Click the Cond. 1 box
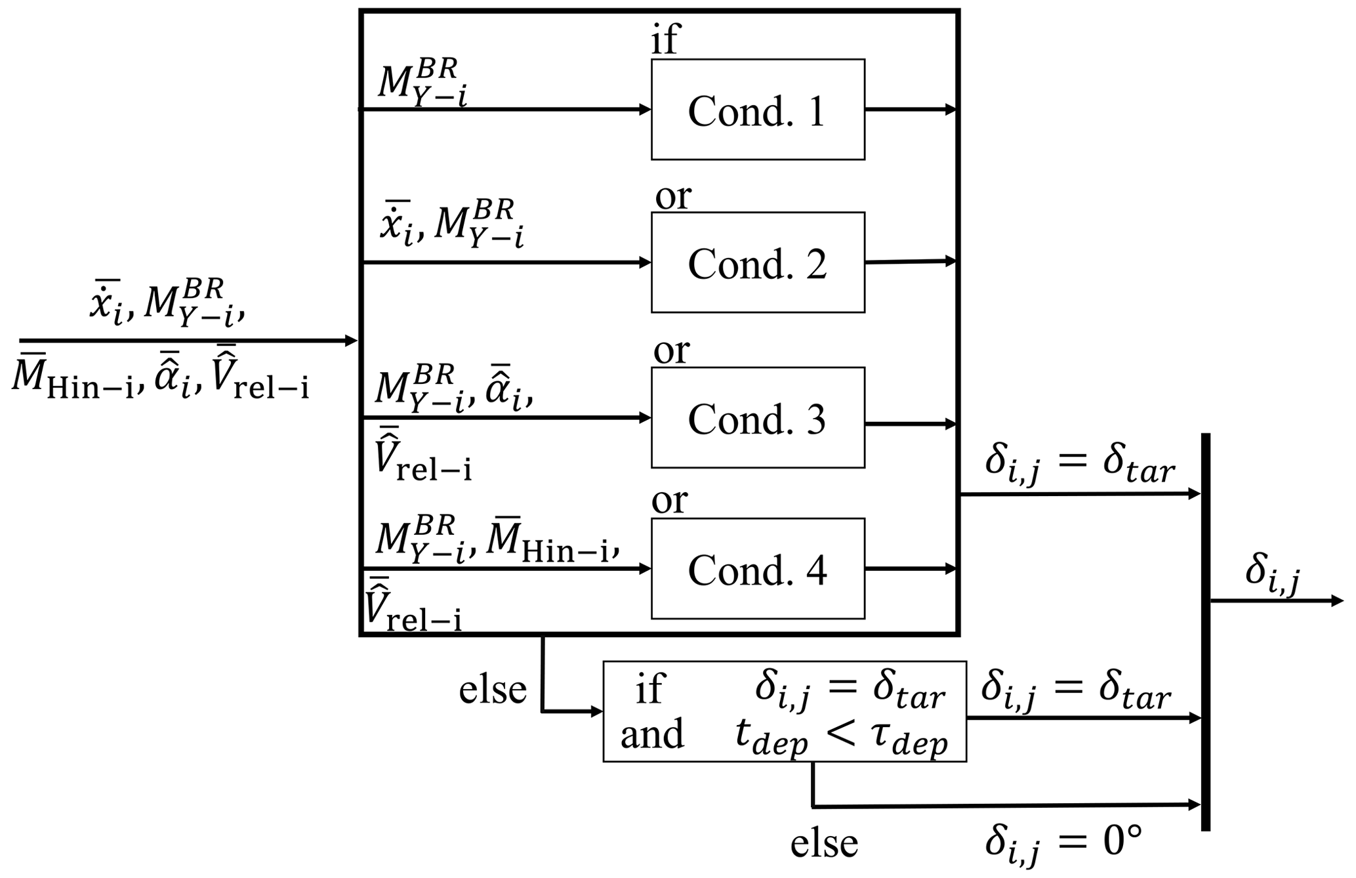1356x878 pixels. coord(757,110)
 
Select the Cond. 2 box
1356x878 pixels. coord(757,262)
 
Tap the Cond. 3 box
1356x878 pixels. coord(757,418)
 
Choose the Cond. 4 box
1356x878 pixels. coord(757,569)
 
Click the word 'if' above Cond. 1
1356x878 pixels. coord(665,39)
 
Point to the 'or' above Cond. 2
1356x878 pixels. coord(673,196)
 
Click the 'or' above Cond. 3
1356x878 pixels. coord(671,351)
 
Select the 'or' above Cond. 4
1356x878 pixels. coord(669,501)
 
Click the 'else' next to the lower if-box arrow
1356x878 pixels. coord(492,690)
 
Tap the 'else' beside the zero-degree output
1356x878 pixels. coord(824,844)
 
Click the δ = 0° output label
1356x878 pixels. coord(1063,844)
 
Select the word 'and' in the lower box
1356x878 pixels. coord(652,734)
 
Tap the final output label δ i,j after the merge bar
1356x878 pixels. coord(1273,575)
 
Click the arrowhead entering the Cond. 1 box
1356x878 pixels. coord(645,110)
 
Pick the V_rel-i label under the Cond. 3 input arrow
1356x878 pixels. coord(422,457)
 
